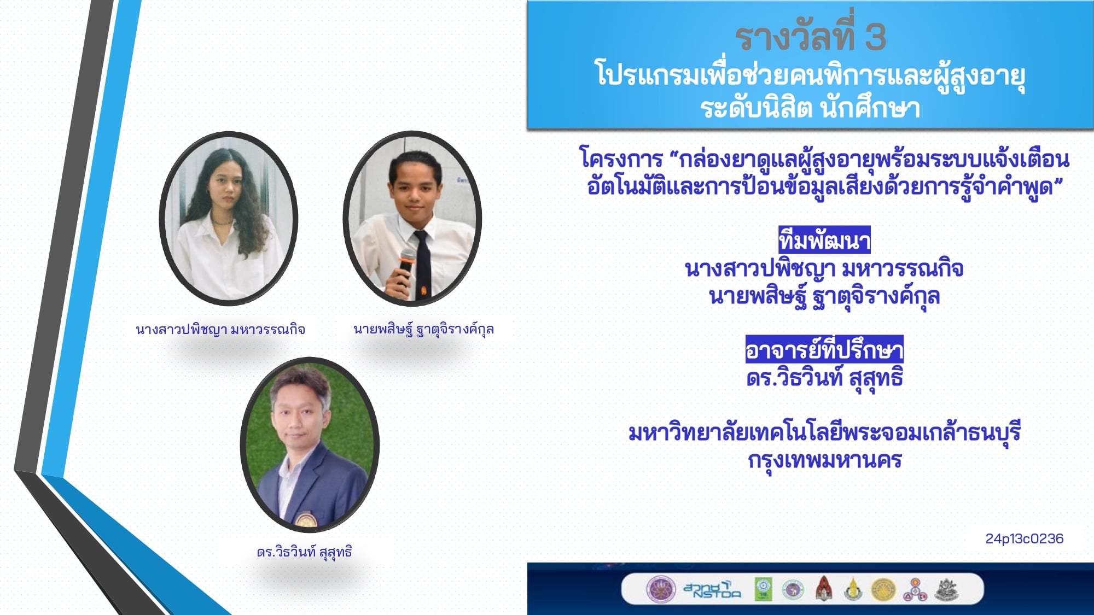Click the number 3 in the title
[875, 37]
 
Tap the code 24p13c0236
[1025, 538]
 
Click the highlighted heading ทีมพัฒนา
[824, 241]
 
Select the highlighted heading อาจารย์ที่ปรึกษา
[824, 349]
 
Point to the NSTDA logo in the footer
[712, 589]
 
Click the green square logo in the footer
[764, 589]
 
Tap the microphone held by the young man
[406, 266]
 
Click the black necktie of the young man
[422, 265]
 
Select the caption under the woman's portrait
[220, 329]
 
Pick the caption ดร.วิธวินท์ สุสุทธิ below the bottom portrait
[304, 552]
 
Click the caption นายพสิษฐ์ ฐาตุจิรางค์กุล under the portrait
[424, 329]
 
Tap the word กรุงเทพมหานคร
[824, 460]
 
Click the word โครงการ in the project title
[621, 159]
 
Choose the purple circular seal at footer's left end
[661, 589]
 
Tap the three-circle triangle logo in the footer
[915, 590]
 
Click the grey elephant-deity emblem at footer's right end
[947, 589]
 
